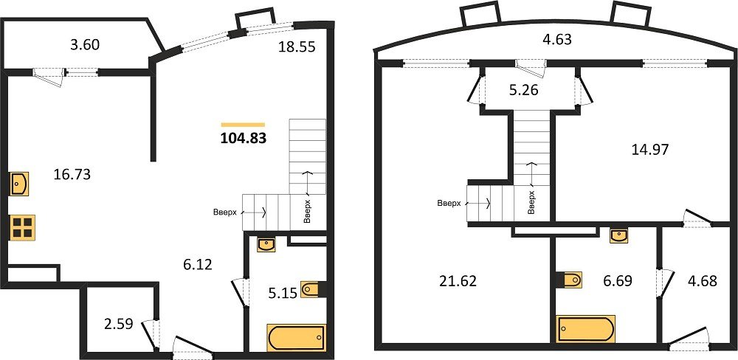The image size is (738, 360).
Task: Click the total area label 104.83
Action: (x=244, y=137)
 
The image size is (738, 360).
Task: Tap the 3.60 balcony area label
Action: (x=85, y=45)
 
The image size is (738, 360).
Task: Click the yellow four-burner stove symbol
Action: (x=23, y=226)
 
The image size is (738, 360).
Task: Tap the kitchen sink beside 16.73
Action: (x=20, y=183)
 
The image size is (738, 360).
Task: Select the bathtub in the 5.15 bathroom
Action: (x=296, y=338)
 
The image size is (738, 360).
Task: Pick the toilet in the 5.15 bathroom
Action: (x=311, y=289)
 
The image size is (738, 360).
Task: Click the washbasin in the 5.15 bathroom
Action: (x=266, y=244)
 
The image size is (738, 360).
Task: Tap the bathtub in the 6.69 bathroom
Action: (x=586, y=328)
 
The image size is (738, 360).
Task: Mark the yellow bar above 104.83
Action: (x=243, y=125)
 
